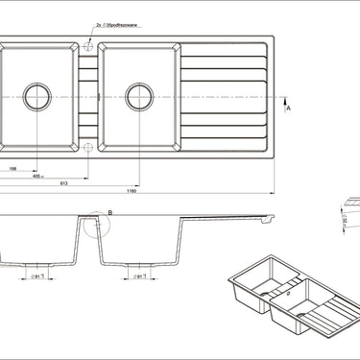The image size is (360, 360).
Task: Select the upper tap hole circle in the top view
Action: click(x=88, y=45)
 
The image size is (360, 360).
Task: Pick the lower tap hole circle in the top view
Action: click(x=88, y=147)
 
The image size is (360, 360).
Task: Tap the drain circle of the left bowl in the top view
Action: click(x=38, y=96)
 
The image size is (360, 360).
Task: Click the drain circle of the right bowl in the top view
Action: click(x=137, y=96)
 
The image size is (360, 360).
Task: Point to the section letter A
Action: click(x=288, y=111)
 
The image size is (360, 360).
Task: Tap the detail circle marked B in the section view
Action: click(x=95, y=226)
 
